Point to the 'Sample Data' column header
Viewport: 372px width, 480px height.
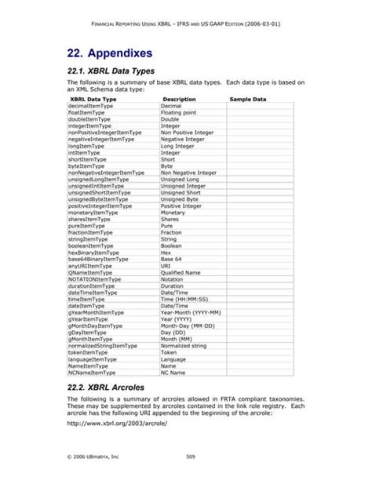248,100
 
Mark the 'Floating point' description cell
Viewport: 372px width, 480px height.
179,112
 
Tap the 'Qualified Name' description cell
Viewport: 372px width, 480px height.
181,272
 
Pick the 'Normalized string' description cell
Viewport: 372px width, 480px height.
184,345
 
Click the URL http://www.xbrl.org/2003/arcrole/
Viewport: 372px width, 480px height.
116,425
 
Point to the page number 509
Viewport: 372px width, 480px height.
190,456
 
